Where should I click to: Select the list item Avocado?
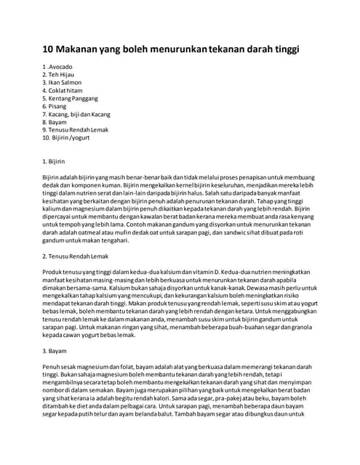click(60, 68)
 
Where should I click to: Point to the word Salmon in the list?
click(72, 83)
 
